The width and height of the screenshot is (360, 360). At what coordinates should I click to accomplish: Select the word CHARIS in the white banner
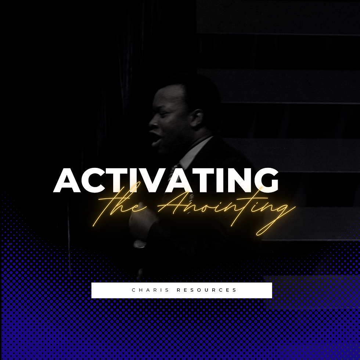[151, 290]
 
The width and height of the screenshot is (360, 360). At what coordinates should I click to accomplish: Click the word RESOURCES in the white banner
[206, 290]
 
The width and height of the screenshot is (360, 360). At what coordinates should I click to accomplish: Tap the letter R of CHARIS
[157, 290]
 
